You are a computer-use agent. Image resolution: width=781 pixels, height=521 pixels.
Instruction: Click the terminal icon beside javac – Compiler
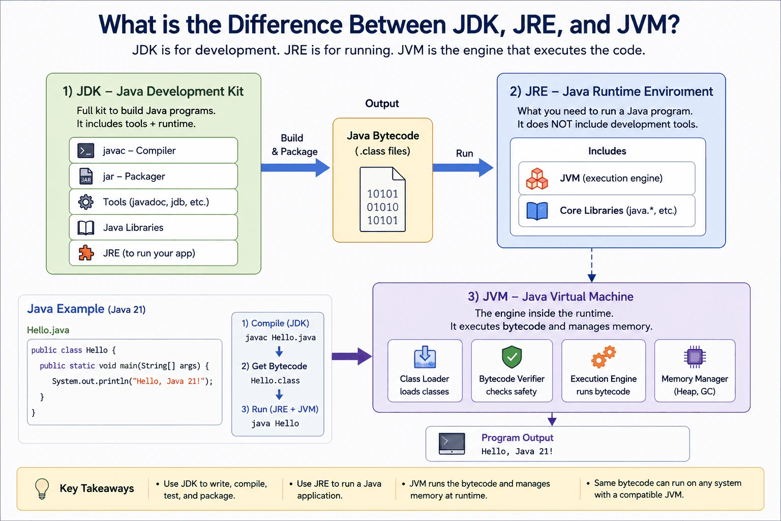86,151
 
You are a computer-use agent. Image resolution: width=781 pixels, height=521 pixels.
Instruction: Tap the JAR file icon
86,176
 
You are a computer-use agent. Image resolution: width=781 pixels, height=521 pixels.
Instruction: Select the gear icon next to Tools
86,201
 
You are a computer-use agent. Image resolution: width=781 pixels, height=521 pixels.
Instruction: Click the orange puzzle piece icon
86,253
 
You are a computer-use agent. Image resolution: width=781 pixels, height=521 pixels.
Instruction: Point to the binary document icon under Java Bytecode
382,199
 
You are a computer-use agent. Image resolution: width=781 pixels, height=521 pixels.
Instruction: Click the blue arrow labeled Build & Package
295,168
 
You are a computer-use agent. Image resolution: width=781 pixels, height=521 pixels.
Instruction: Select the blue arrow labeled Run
463,168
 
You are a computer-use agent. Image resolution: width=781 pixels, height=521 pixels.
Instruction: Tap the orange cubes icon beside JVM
537,179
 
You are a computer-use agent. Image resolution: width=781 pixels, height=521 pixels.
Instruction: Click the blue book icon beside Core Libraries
537,211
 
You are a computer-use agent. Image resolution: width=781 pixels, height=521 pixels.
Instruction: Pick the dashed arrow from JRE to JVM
592,265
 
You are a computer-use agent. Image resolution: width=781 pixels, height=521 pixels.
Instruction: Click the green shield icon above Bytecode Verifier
512,357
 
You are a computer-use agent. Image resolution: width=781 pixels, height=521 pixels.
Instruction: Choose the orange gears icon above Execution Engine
604,357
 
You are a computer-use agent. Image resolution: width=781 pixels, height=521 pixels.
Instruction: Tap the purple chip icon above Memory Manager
695,357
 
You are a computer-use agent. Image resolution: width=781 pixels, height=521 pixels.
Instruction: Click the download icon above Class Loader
425,357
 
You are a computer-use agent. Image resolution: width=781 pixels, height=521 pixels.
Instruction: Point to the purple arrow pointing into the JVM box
352,356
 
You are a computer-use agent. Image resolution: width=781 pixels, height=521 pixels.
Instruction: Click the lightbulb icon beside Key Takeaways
42,488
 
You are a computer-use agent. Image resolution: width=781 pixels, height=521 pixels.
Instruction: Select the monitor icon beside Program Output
452,444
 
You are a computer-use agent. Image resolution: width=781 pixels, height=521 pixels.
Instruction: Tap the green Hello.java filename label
48,330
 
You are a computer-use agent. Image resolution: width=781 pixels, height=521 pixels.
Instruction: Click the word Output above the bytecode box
382,104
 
